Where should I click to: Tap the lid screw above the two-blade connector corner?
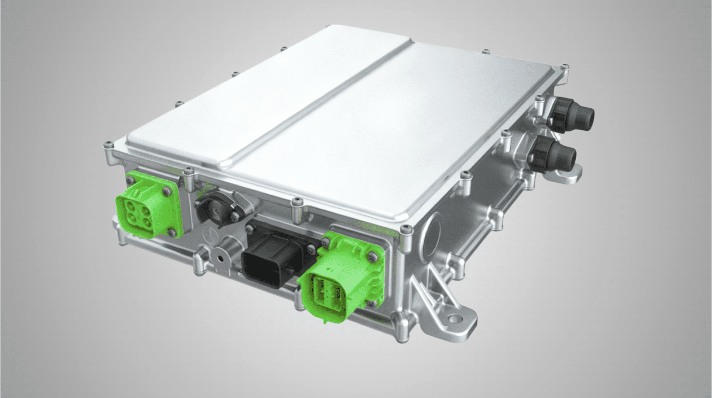pyautogui.click(x=401, y=228)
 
